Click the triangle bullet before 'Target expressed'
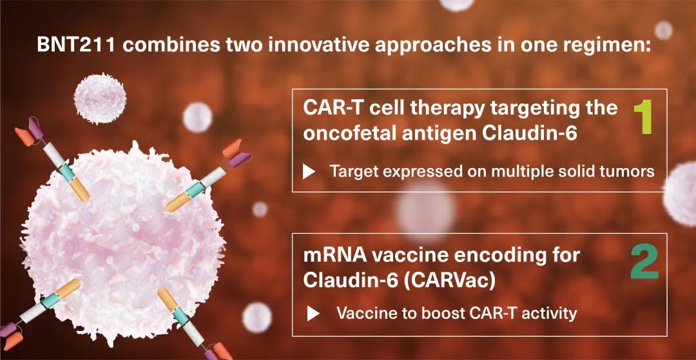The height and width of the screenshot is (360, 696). [x=309, y=171]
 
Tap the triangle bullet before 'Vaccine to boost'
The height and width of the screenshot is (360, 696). [x=313, y=314]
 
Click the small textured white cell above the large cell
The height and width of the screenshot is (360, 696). [x=101, y=99]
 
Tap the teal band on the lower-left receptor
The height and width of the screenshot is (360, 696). [x=51, y=300]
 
